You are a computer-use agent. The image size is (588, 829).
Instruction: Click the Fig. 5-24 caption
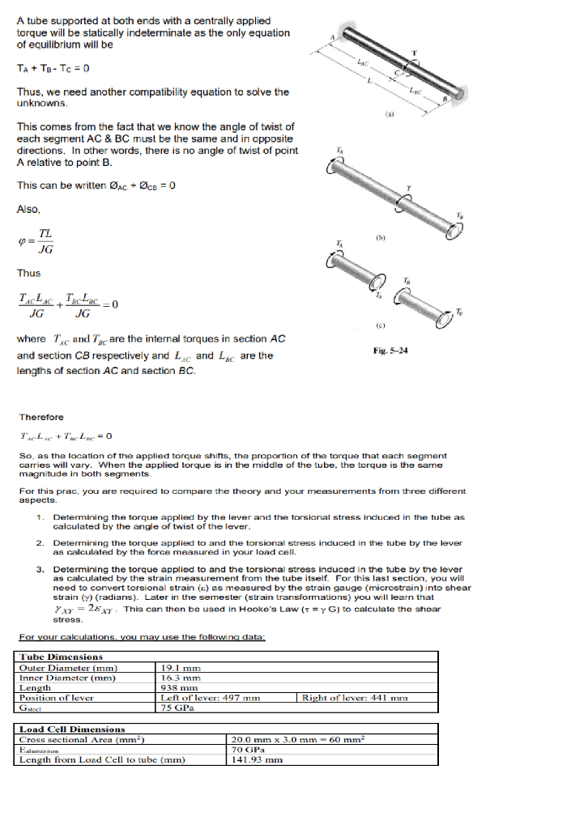pyautogui.click(x=390, y=351)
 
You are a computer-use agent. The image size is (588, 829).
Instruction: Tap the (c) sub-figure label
pyautogui.click(x=390, y=325)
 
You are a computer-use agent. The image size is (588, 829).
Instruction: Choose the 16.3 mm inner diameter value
pyautogui.click(x=177, y=678)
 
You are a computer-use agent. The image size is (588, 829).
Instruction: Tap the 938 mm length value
pyautogui.click(x=175, y=687)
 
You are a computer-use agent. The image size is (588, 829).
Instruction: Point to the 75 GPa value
pyautogui.click(x=175, y=707)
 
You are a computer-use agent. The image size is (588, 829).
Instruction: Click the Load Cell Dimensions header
pyautogui.click(x=72, y=729)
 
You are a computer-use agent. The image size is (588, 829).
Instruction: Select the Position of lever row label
pyautogui.click(x=57, y=697)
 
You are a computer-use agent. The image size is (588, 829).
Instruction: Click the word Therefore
pyautogui.click(x=41, y=417)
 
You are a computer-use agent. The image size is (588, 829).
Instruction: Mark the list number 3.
pyautogui.click(x=40, y=569)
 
